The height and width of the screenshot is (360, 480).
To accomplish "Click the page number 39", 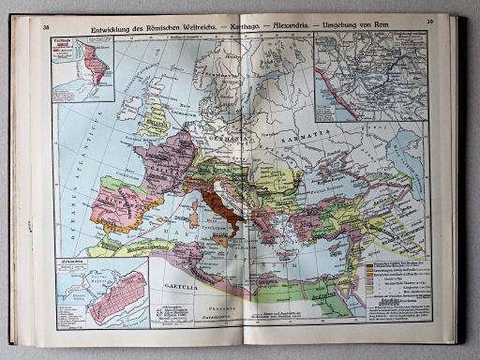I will point(428,23).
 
